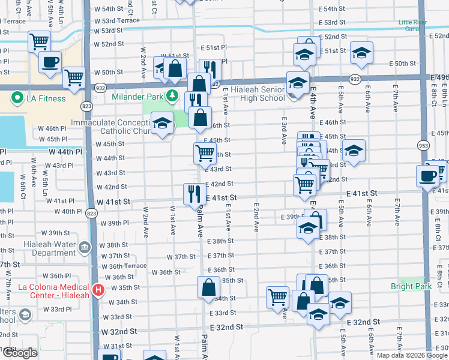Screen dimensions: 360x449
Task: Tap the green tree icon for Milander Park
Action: pyautogui.click(x=172, y=95)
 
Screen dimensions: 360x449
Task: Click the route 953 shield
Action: pyautogui.click(x=423, y=145)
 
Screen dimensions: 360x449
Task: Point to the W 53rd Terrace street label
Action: pyautogui.click(x=118, y=20)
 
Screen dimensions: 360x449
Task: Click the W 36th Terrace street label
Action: pyautogui.click(x=124, y=266)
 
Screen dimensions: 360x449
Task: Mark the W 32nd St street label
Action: pyautogui.click(x=119, y=331)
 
